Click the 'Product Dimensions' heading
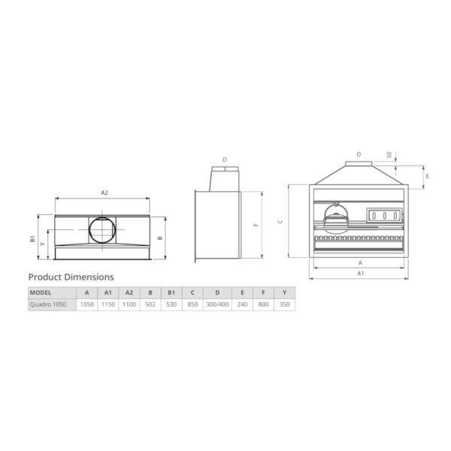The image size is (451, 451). (x=71, y=277)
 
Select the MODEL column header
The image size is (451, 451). (x=41, y=292)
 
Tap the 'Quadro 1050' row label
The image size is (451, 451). (x=48, y=304)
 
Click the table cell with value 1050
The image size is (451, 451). (x=87, y=304)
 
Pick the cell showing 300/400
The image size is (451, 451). (x=217, y=304)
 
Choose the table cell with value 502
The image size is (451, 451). (x=150, y=304)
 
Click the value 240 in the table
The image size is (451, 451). (x=242, y=304)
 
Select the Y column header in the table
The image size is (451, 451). (x=284, y=292)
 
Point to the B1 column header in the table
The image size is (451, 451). (x=171, y=292)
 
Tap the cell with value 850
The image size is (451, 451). (x=192, y=304)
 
